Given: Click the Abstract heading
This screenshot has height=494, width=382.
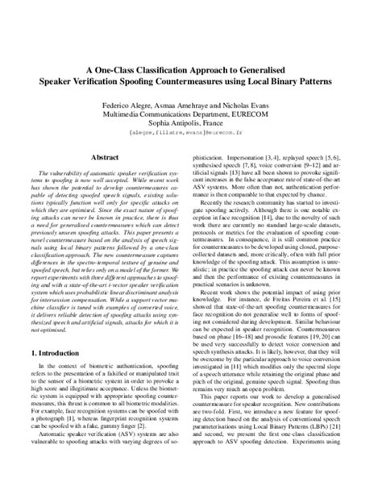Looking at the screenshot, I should (105, 159).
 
